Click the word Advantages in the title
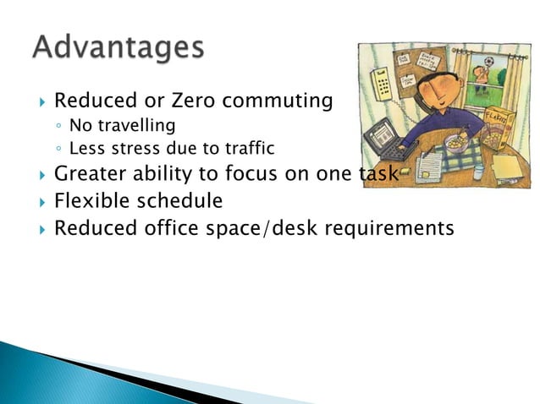point(118,46)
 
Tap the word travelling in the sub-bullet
point(136,126)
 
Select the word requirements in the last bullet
point(388,229)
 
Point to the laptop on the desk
point(382,139)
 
